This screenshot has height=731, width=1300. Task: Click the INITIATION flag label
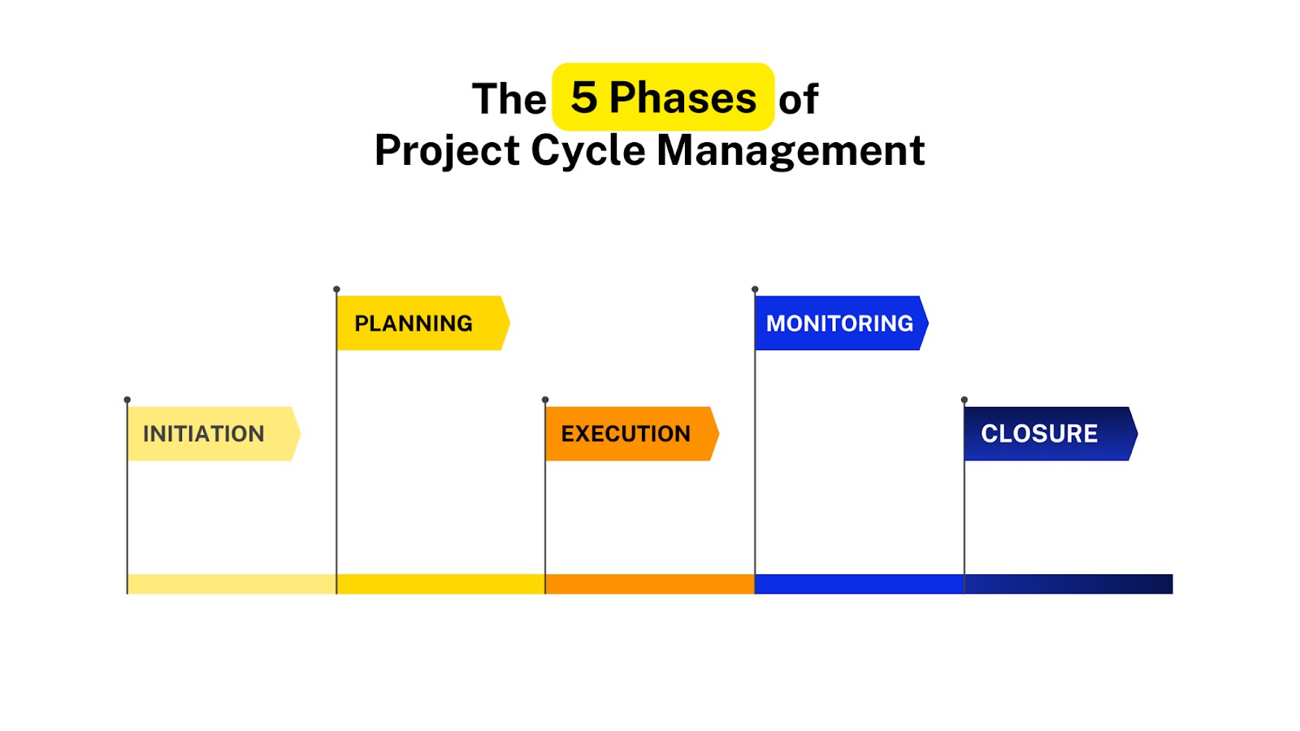click(x=205, y=434)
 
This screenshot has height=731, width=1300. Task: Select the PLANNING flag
click(x=414, y=323)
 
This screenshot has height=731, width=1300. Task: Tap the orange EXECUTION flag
click(x=626, y=434)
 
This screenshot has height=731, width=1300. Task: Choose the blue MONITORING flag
click(x=839, y=323)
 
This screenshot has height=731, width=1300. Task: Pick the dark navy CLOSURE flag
click(x=1040, y=434)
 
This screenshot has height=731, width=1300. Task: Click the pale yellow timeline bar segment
click(x=232, y=584)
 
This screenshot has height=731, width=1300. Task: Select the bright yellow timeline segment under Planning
click(x=440, y=584)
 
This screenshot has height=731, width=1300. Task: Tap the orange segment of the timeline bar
click(x=649, y=584)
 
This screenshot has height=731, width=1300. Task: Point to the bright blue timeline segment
click(x=859, y=584)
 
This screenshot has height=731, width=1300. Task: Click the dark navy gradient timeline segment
click(x=1068, y=584)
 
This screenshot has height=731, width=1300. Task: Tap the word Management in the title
click(x=791, y=151)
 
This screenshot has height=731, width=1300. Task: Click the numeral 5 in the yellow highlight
click(x=584, y=98)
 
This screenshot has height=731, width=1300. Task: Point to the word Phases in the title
click(x=682, y=98)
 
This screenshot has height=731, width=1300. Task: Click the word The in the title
click(x=509, y=99)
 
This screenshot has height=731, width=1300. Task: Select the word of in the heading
click(x=798, y=99)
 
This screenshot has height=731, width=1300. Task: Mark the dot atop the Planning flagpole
click(x=336, y=289)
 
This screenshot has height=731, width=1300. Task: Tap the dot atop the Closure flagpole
click(x=964, y=400)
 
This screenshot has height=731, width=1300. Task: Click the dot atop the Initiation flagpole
click(x=128, y=400)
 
